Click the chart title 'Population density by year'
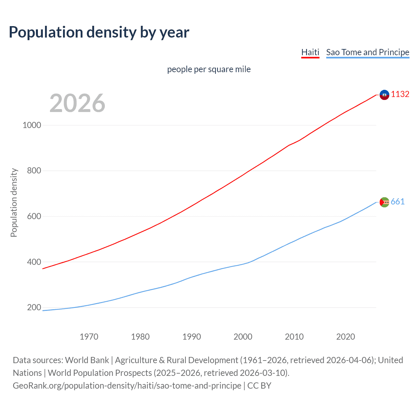click(99, 32)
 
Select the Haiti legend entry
click(310, 52)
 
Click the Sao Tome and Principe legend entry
click(367, 52)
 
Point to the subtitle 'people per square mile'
click(209, 69)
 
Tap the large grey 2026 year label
click(77, 103)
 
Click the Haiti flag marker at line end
click(384, 95)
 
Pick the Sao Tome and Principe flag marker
click(384, 202)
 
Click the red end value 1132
click(400, 94)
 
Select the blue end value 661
click(397, 202)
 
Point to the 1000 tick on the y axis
click(32, 125)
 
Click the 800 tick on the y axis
click(34, 170)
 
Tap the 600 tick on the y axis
click(34, 216)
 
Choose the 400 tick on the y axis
click(34, 262)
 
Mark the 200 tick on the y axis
click(34, 307)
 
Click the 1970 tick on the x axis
click(89, 337)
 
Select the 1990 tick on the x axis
click(192, 337)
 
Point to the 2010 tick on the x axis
click(294, 337)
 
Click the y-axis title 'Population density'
click(14, 202)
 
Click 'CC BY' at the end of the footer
click(259, 386)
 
